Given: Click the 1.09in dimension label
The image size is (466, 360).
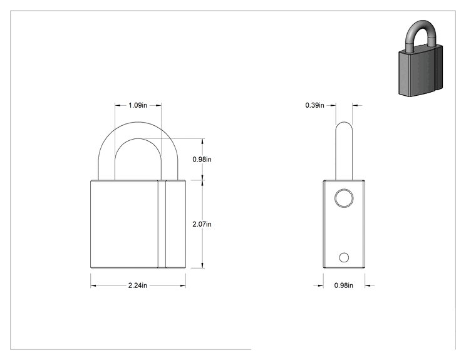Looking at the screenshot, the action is (x=138, y=105).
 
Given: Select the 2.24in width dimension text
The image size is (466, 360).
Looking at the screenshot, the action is (x=138, y=285).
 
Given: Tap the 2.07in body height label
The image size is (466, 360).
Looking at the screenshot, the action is (x=202, y=224).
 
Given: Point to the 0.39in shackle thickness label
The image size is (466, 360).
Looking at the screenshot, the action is (x=314, y=105).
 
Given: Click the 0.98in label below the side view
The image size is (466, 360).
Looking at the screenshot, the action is (x=344, y=285).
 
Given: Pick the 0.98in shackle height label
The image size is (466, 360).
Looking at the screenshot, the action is (x=202, y=160).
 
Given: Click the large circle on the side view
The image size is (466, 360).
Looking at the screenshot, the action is (x=344, y=198).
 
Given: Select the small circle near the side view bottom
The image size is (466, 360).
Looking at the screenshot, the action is (x=344, y=257).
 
